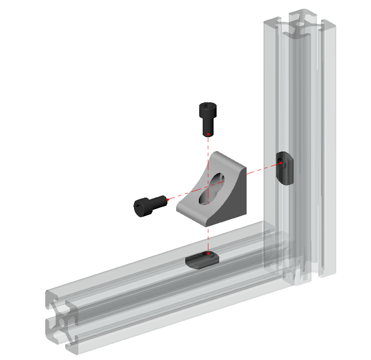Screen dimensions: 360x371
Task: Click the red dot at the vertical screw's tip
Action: pos(208,134)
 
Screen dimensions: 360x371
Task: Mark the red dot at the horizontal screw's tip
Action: pos(167,199)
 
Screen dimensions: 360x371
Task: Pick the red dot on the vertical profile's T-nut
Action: pos(281,164)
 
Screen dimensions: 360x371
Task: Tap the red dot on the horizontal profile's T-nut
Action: pos(208,252)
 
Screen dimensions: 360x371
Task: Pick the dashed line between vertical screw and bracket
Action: pos(208,146)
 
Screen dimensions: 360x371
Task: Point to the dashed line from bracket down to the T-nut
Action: pos(208,237)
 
